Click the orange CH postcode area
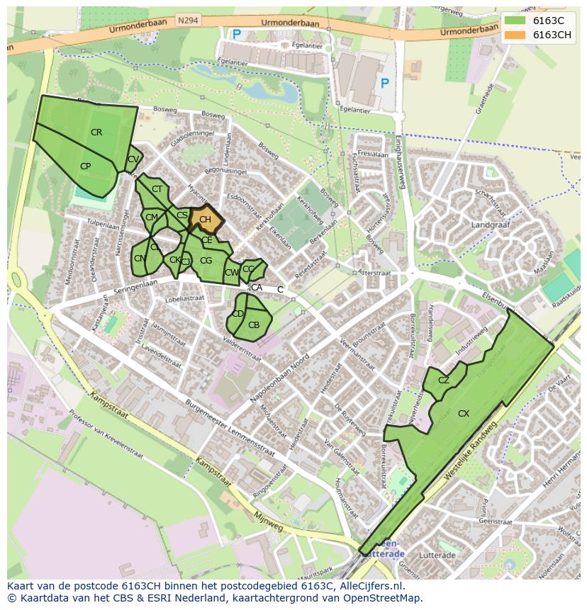205,220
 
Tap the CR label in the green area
96,132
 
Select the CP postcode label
86,166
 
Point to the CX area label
464,413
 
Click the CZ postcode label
444,380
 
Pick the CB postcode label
254,325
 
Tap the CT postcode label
157,189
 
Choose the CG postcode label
206,261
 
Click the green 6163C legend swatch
515,21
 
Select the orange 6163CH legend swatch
515,35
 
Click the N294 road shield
189,21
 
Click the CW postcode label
231,273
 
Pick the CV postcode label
133,159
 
